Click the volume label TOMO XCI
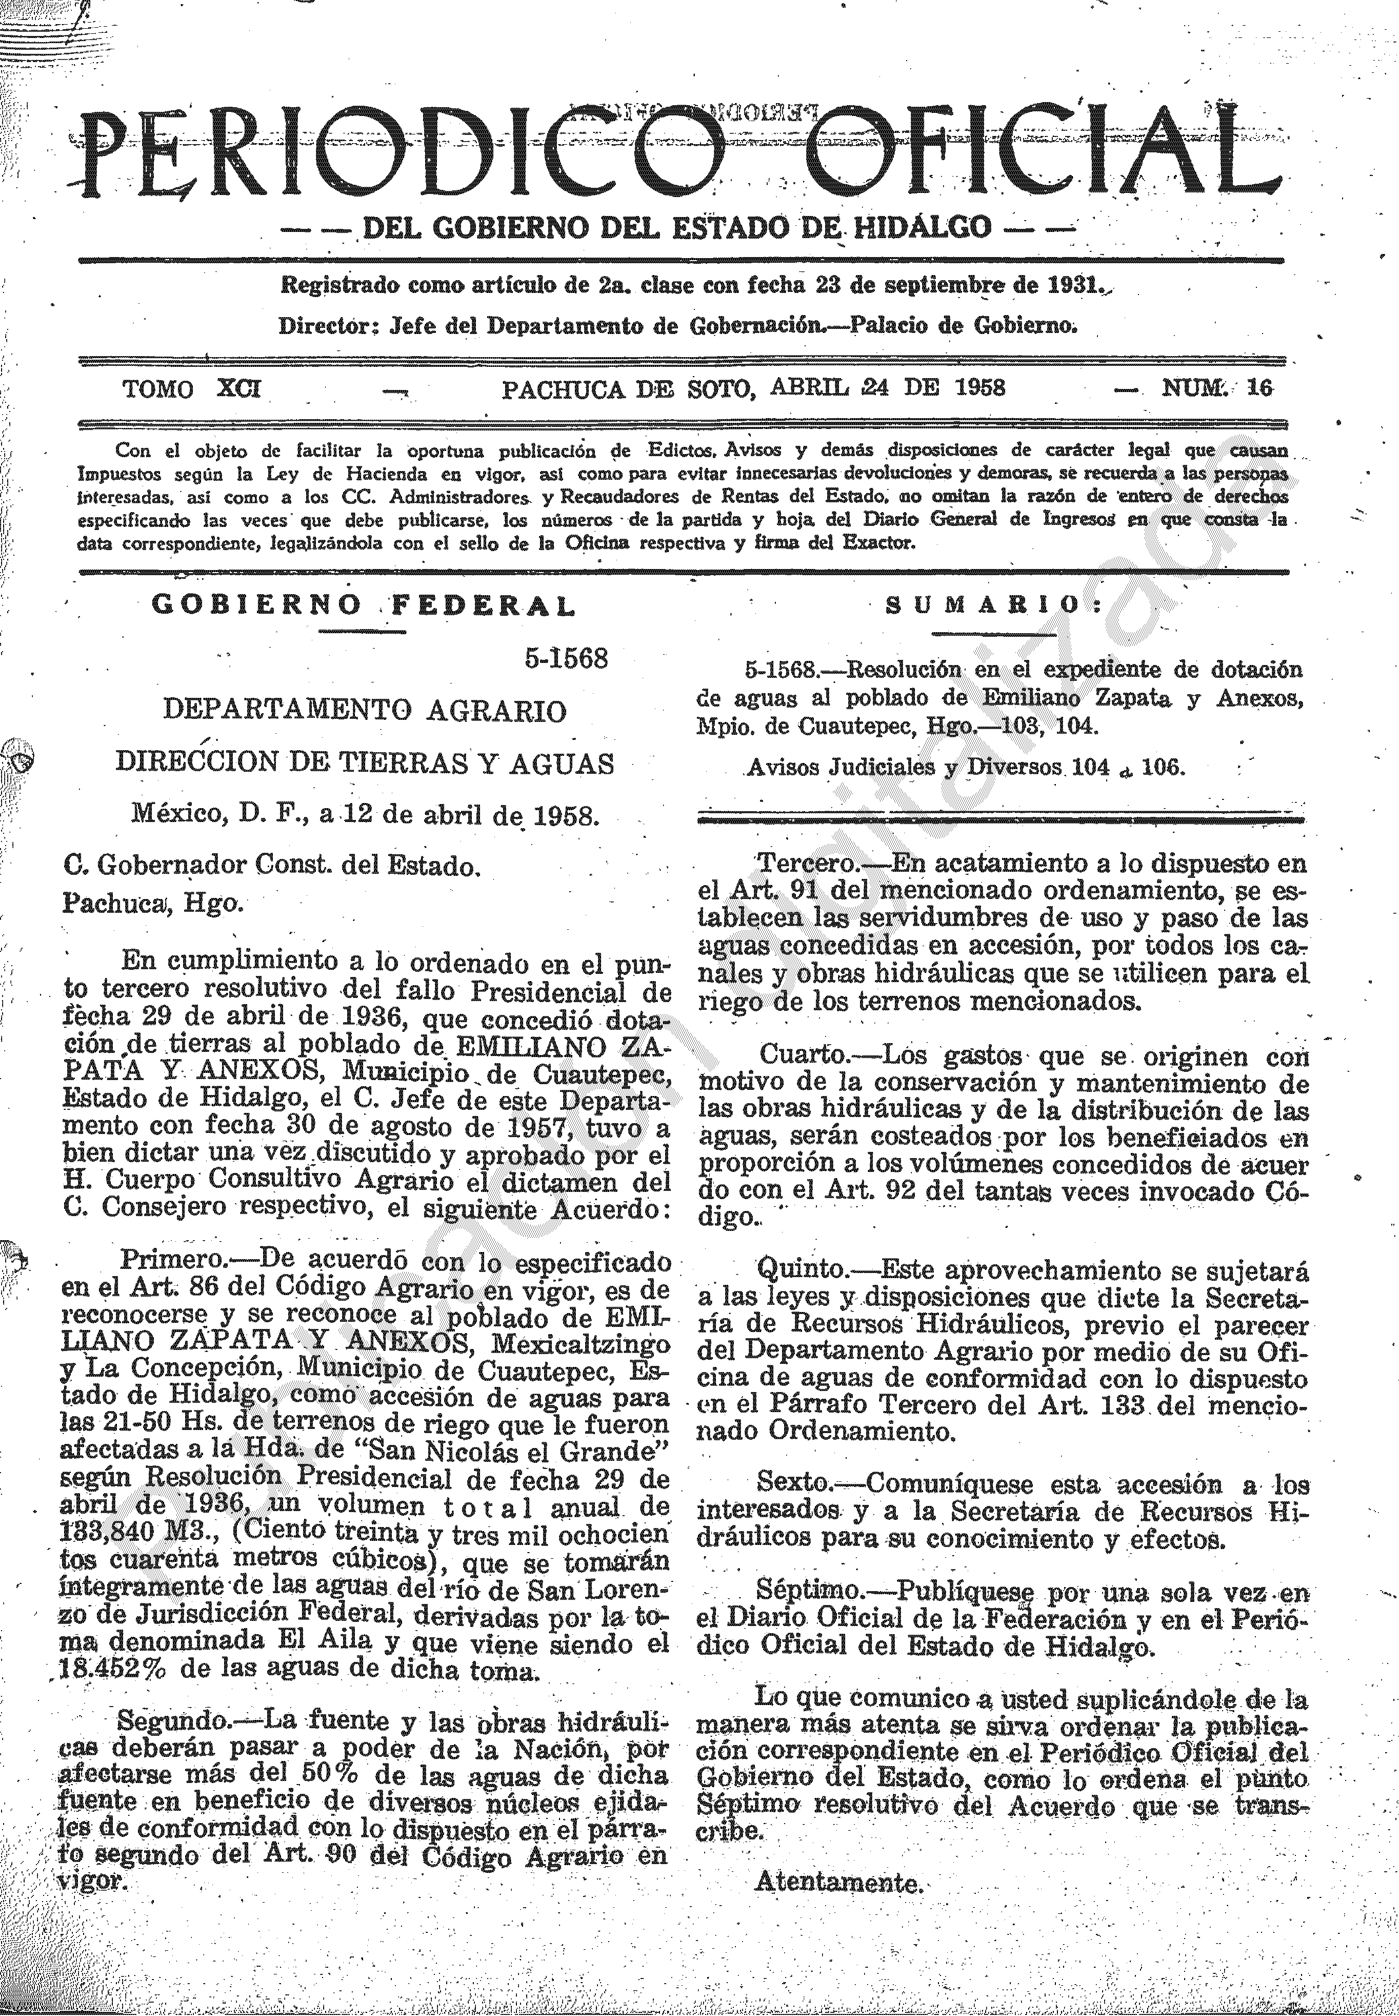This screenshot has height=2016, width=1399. pos(191,388)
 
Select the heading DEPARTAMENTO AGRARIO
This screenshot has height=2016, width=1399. pos(365,710)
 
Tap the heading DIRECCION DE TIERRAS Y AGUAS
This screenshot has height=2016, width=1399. pos(365,763)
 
